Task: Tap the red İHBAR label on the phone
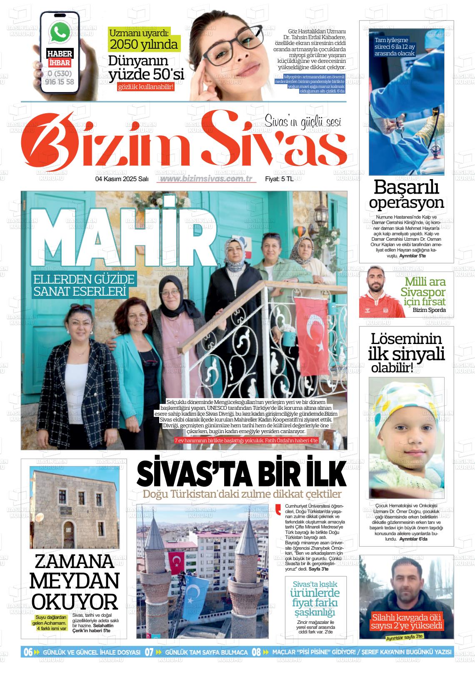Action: [59, 63]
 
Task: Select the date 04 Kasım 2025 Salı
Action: [122, 179]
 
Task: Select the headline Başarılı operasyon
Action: [406, 194]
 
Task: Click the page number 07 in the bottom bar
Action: [149, 652]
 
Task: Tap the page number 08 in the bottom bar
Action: [256, 652]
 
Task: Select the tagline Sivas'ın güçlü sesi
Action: [303, 121]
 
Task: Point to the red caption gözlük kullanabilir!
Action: [145, 87]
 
